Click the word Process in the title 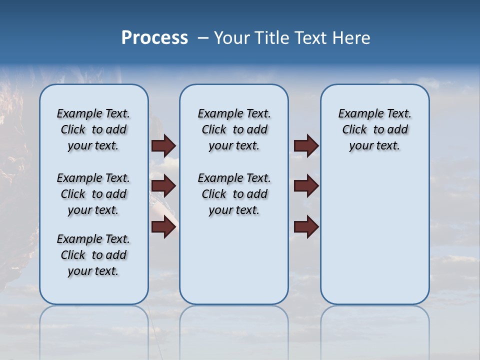pos(154,38)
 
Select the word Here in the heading pos(350,38)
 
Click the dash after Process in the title pos(203,38)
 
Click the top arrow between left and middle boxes pos(163,146)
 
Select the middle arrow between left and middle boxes pos(163,186)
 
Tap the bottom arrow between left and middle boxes pos(163,227)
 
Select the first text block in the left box pos(93,129)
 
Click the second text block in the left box pos(93,194)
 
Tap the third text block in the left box pos(93,255)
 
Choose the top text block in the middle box pos(234,129)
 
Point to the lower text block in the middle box pos(234,194)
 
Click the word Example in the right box pos(358,114)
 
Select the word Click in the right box pos(354,130)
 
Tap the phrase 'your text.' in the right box pos(374,146)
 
